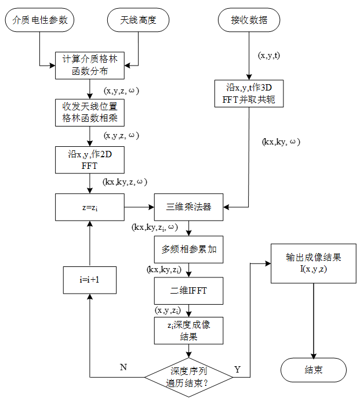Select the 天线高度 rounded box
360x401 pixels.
coord(139,21)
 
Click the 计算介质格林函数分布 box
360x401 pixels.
coord(90,65)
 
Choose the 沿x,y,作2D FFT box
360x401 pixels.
coord(90,160)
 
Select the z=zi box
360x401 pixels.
coord(90,207)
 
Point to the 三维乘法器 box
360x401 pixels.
coord(188,207)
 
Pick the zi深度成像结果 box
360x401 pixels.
coord(188,331)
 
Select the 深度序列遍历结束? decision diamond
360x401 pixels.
coord(188,377)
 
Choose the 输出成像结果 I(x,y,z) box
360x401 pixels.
coord(314,263)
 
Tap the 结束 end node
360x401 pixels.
coord(314,370)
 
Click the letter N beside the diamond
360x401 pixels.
coord(123,368)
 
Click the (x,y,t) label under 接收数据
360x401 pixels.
coord(270,56)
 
